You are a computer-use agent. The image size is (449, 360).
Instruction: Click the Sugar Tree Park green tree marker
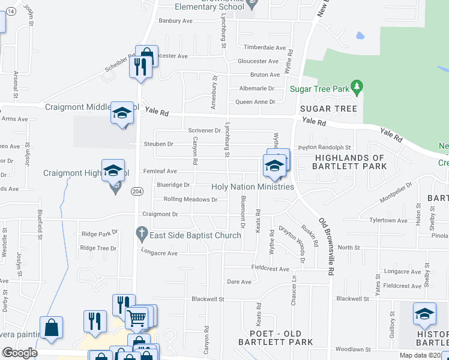(357, 88)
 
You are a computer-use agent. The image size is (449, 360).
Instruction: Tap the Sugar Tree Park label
(319, 89)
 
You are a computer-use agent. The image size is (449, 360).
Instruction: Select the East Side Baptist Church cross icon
(142, 232)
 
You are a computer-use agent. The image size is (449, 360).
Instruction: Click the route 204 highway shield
(137, 190)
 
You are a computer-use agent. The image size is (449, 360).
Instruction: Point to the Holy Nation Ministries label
(253, 187)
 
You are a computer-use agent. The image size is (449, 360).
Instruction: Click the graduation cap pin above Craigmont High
(113, 170)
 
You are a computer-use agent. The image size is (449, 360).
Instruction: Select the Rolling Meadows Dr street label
(190, 199)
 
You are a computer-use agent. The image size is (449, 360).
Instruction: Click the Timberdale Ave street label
(264, 47)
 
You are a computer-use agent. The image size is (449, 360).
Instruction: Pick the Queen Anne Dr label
(255, 102)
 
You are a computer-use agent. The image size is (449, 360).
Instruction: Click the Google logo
(20, 353)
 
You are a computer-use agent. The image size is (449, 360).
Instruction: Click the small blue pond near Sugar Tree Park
(360, 35)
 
